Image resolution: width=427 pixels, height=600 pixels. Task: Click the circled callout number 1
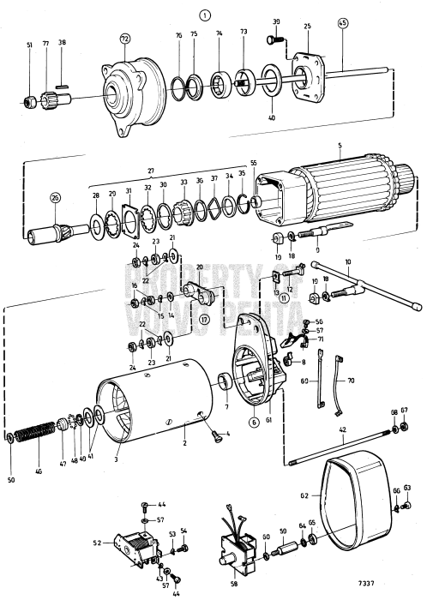pos(203,15)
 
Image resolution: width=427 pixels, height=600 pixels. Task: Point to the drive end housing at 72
pos(129,86)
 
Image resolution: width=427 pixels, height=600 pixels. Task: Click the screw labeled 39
pos(277,39)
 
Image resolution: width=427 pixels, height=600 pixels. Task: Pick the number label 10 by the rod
pos(348,260)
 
